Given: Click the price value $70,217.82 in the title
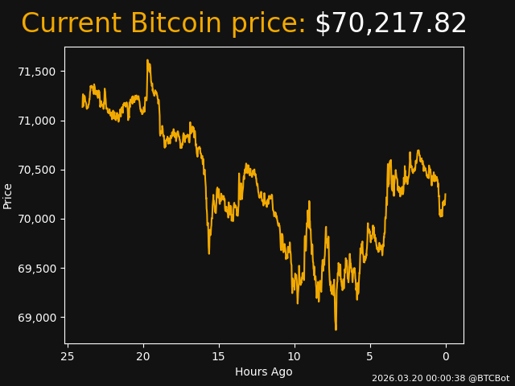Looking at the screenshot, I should point(390,23).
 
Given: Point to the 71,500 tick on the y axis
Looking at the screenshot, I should point(36,72).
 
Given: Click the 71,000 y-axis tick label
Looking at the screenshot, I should point(36,121).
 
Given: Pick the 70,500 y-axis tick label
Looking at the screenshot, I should point(36,170).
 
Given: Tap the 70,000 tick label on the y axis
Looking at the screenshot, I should point(36,219).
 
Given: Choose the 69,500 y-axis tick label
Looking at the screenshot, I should point(36,268).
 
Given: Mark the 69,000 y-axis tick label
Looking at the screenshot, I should point(36,318).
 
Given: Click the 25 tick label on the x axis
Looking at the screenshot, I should point(68,356).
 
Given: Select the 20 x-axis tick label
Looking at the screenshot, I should point(143,356).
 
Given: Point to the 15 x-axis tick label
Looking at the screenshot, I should point(219,356).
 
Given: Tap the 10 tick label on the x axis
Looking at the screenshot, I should point(295,356).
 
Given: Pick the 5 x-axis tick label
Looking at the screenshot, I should point(370,356).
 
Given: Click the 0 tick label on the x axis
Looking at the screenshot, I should point(446,356).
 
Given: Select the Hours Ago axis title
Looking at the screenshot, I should point(263,372).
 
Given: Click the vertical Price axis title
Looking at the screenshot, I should point(8,195).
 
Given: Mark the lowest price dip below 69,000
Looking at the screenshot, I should point(336,328).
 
